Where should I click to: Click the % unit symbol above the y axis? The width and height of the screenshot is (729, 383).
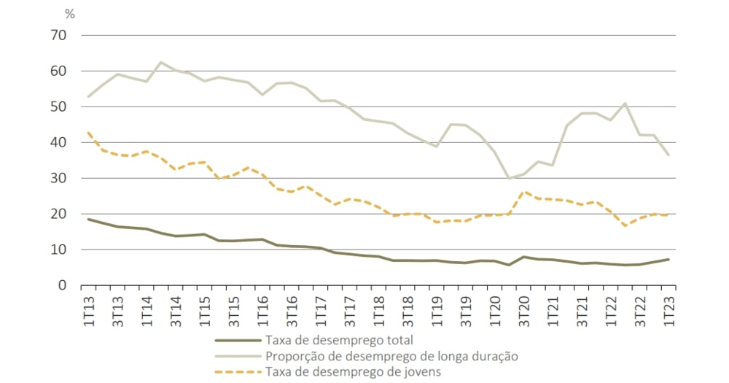click(70, 14)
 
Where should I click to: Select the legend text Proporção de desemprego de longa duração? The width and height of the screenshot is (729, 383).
click(392, 356)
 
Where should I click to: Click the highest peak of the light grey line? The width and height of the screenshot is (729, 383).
click(160, 62)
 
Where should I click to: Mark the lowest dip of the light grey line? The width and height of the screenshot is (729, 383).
click(508, 178)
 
